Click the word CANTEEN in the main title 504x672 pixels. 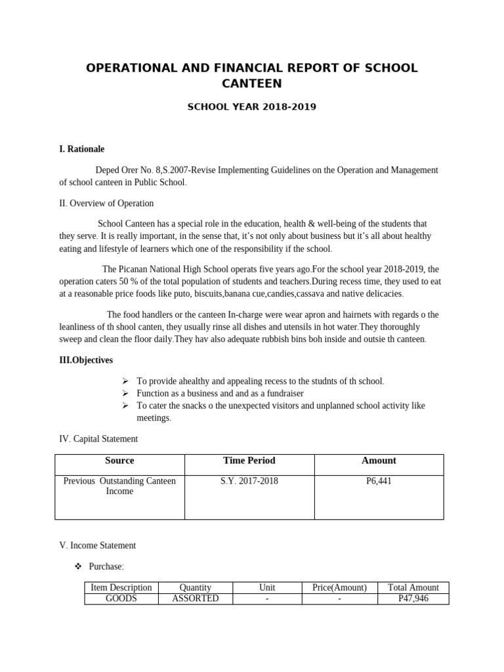coord(251,83)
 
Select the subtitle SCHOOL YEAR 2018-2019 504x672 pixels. coord(252,106)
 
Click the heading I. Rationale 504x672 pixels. coord(81,149)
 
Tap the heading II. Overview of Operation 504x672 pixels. coord(106,203)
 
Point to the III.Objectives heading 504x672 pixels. coord(86,360)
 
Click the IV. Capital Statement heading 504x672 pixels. coord(98,438)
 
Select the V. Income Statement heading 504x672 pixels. coord(98,545)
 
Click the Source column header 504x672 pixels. coord(119,461)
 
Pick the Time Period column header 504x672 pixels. coord(249,461)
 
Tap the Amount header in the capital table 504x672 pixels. coord(379,461)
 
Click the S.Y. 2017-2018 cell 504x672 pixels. coord(249,481)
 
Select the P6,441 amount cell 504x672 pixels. coord(379,481)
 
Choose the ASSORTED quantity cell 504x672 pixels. coord(195,598)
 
